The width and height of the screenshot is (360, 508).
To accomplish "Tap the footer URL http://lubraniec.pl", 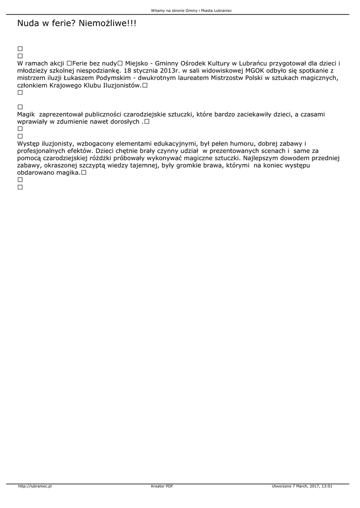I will pos(35,486).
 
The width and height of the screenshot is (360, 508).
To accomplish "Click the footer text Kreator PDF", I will pos(162,486).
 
